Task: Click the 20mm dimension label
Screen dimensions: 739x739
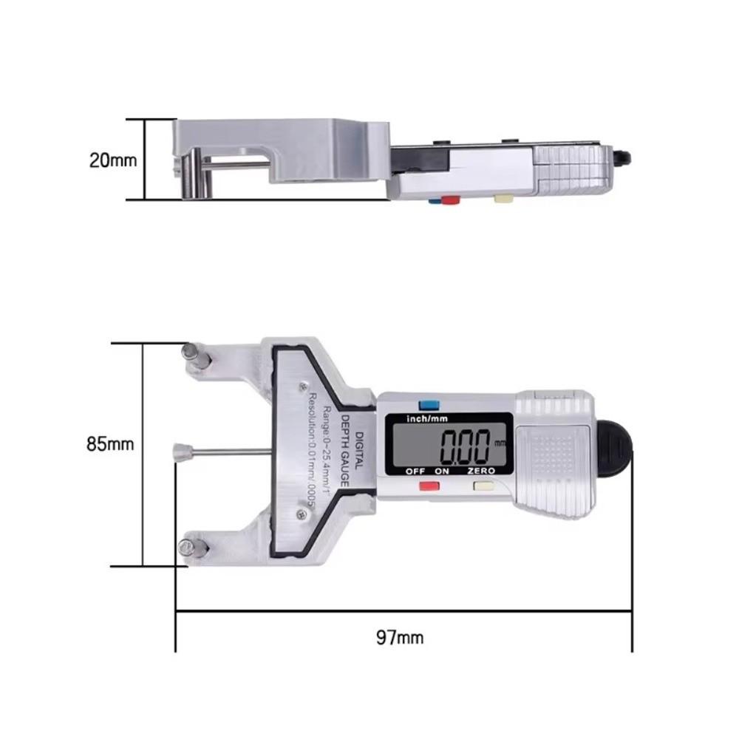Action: tap(113, 160)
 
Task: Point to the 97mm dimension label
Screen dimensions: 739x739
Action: tap(400, 637)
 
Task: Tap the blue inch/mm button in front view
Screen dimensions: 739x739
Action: tap(428, 405)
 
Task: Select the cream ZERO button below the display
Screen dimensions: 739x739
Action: tap(484, 486)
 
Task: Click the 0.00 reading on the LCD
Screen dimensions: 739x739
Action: tap(466, 446)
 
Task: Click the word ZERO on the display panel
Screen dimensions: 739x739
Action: tap(483, 471)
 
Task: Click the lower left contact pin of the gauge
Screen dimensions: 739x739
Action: tap(194, 548)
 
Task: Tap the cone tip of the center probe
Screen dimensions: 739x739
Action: tap(179, 451)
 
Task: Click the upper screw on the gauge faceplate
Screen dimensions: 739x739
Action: tap(302, 385)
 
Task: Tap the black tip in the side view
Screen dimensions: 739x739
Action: tap(624, 157)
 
